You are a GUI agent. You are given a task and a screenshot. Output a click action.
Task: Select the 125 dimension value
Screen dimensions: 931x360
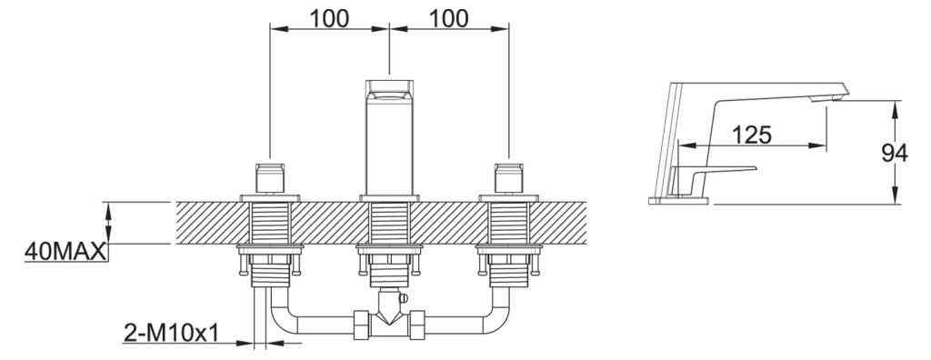pyautogui.click(x=751, y=135)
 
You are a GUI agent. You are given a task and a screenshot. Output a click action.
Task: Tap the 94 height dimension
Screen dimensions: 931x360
pyautogui.click(x=895, y=154)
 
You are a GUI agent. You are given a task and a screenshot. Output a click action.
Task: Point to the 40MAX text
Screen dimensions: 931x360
pyautogui.click(x=65, y=252)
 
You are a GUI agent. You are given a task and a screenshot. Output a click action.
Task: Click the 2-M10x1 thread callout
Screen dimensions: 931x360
pyautogui.click(x=171, y=334)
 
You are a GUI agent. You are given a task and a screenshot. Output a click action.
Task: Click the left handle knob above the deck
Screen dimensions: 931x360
pyautogui.click(x=269, y=177)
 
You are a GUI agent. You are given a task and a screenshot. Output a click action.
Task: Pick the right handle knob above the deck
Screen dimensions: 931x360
pyautogui.click(x=508, y=177)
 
